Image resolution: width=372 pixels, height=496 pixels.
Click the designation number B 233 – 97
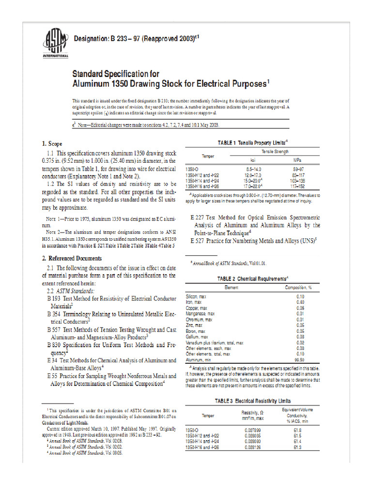pos(121,38)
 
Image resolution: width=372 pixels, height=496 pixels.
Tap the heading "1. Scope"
pos(52,144)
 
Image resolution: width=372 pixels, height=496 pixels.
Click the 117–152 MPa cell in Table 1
pos(297,186)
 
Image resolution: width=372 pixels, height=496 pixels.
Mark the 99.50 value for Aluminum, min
pos(300,360)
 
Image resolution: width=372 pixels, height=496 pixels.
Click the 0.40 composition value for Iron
pos(300,302)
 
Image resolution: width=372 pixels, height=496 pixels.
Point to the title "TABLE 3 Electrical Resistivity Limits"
pos(253,401)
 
